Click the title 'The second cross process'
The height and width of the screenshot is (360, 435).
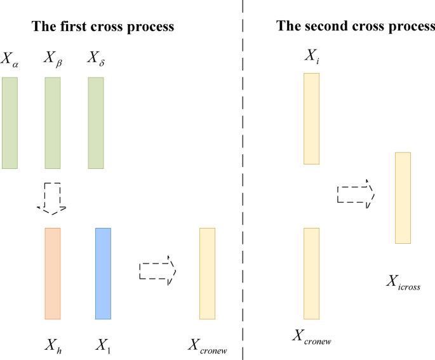[x=355, y=26]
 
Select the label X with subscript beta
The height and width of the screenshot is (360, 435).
[x=53, y=60]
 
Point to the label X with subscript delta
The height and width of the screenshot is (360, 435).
[x=95, y=60]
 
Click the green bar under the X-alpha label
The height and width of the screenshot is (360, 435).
[x=10, y=123]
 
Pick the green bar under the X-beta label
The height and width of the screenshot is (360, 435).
[x=53, y=123]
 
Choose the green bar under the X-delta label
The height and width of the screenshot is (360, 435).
[x=95, y=123]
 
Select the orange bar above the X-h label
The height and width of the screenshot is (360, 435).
[x=53, y=273]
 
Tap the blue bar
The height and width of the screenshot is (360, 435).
[x=103, y=273]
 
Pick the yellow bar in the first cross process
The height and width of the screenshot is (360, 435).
[x=207, y=273]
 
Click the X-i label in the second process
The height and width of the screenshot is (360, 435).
[x=311, y=57]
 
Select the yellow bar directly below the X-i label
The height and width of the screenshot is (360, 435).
[x=311, y=119]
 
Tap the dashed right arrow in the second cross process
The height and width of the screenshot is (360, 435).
[x=356, y=194]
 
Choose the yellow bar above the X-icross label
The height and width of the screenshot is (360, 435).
[x=403, y=197]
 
